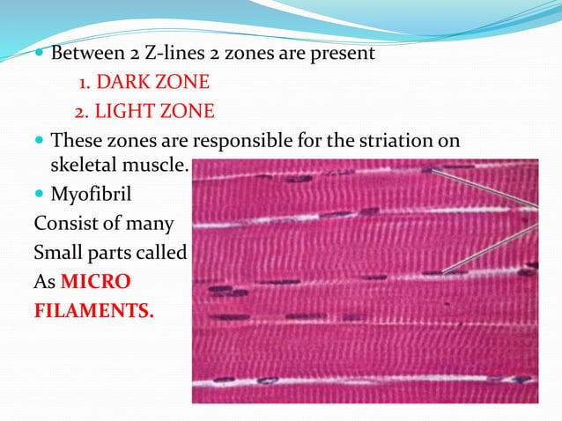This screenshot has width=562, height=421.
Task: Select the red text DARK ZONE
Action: tap(152, 83)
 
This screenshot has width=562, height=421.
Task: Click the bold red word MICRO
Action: tap(97, 282)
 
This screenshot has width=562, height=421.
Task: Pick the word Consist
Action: tap(64, 224)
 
